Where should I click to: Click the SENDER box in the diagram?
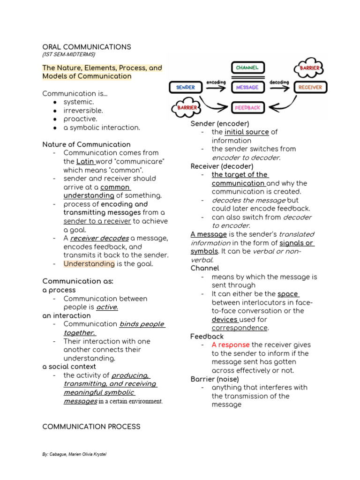point(186,87)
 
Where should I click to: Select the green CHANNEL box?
point(247,68)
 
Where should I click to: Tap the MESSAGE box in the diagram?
point(247,87)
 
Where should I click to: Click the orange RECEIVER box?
point(310,87)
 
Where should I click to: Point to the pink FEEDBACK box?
point(247,108)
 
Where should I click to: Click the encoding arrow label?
point(216,82)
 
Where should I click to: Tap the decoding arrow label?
point(279,82)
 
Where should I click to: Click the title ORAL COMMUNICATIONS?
point(87,47)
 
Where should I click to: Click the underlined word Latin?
point(85,161)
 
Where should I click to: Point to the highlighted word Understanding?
point(89,263)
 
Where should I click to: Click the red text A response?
point(231,345)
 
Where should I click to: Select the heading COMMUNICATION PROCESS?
point(91,427)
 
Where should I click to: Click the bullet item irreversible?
point(83,111)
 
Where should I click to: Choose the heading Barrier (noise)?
point(215,379)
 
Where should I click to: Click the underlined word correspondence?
point(240,328)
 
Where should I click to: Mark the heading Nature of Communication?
point(87,144)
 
